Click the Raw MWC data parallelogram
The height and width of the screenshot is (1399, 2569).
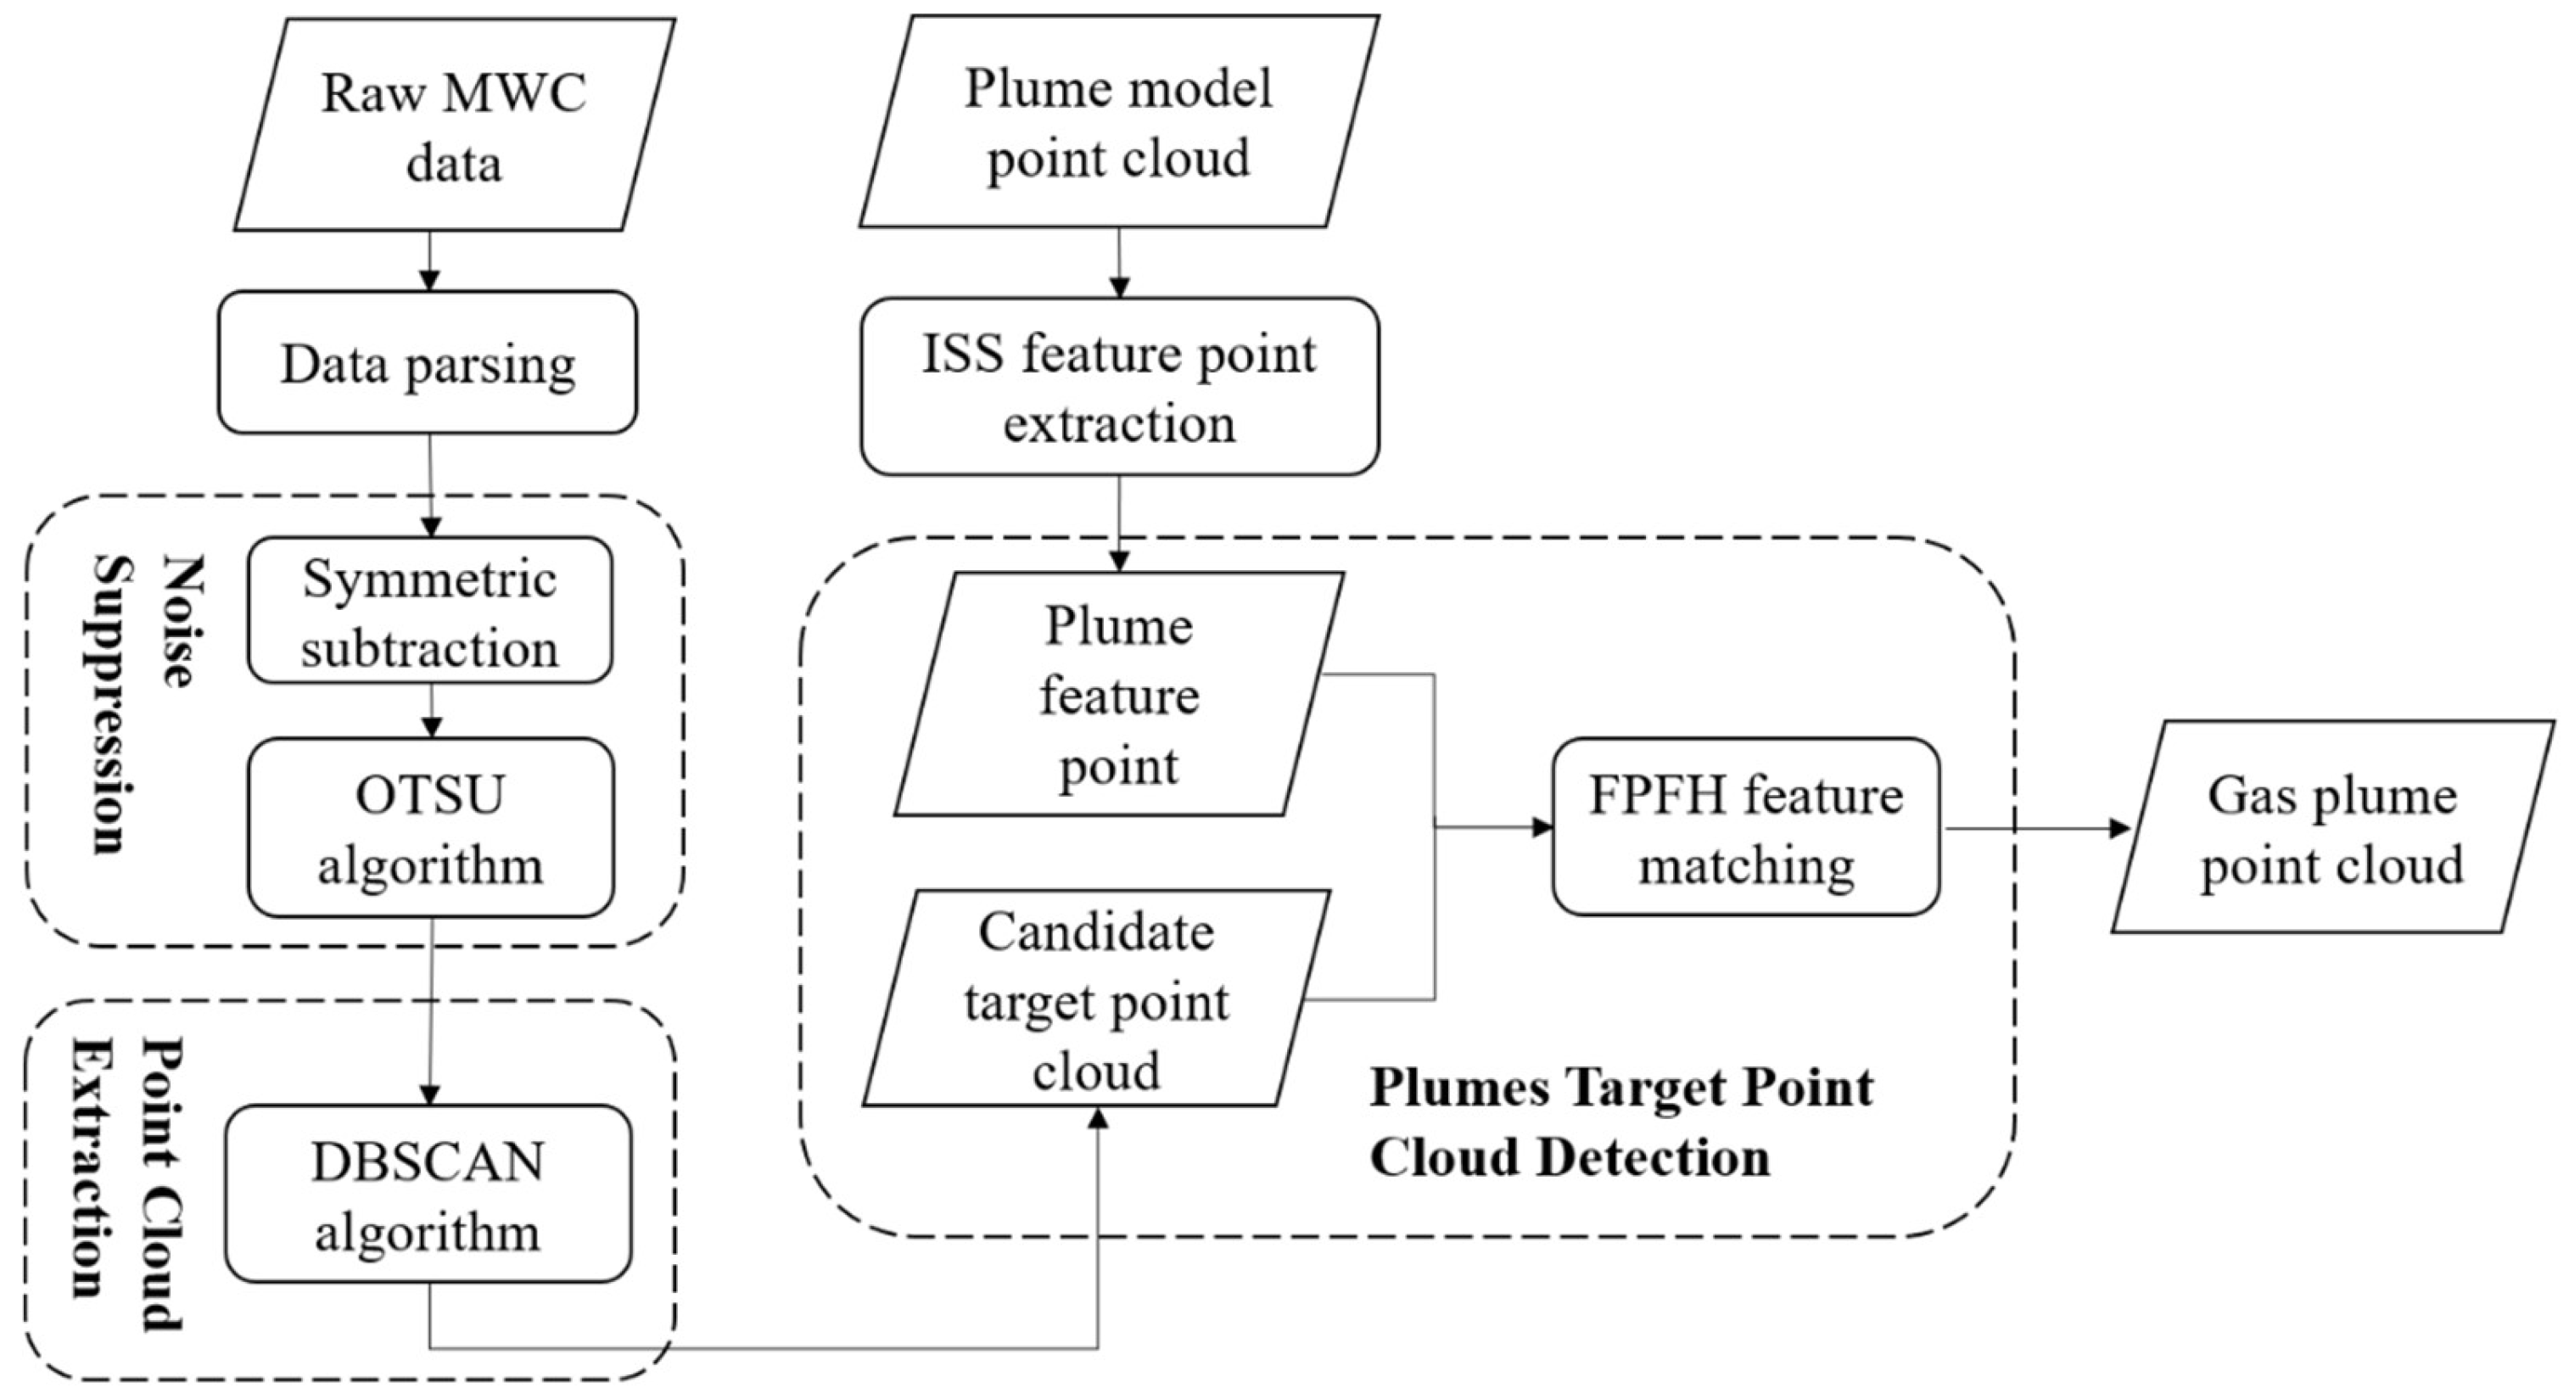[454, 126]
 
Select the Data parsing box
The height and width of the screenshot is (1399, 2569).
[428, 363]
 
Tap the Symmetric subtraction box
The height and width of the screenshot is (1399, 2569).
[430, 611]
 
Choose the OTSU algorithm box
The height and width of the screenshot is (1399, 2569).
[431, 828]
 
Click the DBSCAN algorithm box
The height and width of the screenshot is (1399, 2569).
[428, 1194]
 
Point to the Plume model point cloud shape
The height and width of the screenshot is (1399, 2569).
[1118, 121]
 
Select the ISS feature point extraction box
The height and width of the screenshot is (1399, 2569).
[1119, 387]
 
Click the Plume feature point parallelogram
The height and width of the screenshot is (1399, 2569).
[1118, 695]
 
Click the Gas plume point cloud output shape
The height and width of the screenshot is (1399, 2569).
[2331, 828]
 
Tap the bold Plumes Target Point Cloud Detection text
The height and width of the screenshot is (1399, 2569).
[1620, 1122]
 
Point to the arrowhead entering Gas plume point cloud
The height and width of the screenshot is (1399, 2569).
[2119, 828]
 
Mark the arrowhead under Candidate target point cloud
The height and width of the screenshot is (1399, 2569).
[1098, 1119]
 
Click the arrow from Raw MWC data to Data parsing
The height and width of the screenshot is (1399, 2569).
[428, 261]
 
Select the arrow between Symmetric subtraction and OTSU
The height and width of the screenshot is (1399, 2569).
[431, 712]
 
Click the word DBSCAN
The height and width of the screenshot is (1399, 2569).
[427, 1161]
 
